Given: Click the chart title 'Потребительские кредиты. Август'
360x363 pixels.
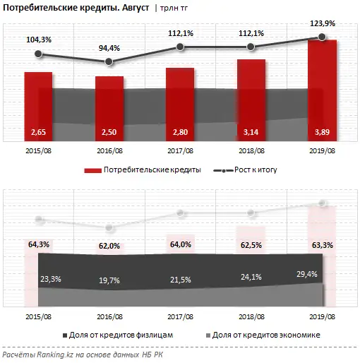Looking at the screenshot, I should [65, 9].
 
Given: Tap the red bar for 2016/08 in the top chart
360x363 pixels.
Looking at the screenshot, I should [109, 106].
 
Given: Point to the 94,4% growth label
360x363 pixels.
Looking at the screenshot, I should [109, 47].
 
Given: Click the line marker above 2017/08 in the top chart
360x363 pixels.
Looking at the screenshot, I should [180, 47].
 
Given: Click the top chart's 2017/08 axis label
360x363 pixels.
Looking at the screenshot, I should [180, 150].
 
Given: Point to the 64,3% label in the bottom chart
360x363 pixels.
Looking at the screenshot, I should [38, 244].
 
